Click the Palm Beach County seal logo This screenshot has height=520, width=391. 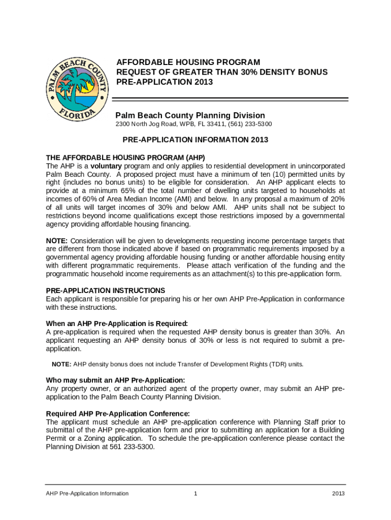click(x=77, y=87)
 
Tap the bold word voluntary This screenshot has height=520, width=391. click(x=106, y=166)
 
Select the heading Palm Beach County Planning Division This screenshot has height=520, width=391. click(x=190, y=115)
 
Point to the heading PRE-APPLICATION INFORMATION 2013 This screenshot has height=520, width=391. click(x=195, y=140)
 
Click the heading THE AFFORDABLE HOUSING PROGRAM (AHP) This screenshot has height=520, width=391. click(x=125, y=157)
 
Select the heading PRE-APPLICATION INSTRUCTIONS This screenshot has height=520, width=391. click(x=106, y=290)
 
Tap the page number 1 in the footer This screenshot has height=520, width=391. click(x=195, y=494)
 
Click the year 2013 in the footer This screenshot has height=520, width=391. click(x=338, y=494)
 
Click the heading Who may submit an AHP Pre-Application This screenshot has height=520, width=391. click(x=116, y=380)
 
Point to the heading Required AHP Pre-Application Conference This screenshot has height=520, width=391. click(x=118, y=413)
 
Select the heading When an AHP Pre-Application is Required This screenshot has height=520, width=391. click(x=117, y=323)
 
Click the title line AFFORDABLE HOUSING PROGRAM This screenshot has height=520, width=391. click(x=188, y=62)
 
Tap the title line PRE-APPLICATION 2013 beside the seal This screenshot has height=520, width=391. click(x=165, y=82)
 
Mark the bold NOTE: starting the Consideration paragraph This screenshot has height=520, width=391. click(x=57, y=241)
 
